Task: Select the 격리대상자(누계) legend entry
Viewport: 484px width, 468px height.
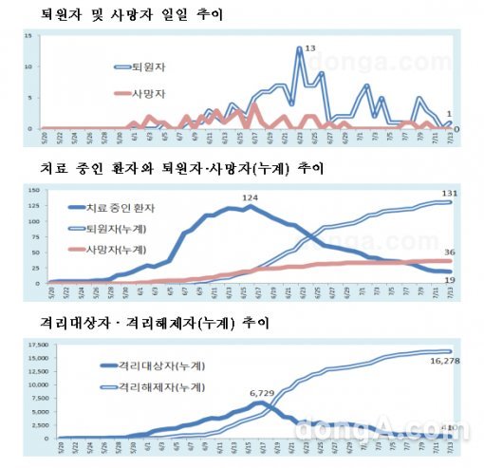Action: click(142, 366)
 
